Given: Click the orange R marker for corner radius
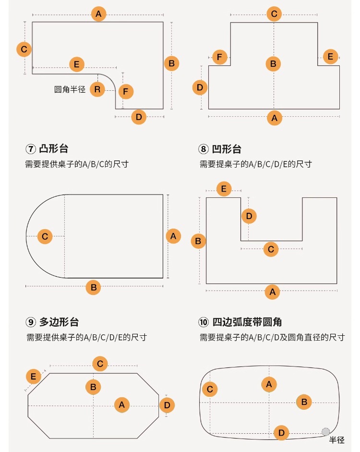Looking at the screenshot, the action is tap(97, 89).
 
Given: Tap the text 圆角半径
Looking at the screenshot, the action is tap(70, 89).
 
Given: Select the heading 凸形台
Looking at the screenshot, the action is tap(54, 149).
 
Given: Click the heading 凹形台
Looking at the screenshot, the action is tap(227, 149).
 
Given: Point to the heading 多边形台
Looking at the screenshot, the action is tap(59, 322).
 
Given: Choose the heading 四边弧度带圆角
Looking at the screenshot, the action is tap(247, 322).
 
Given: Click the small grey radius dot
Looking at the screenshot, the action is tap(326, 431).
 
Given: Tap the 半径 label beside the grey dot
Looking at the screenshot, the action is tap(336, 440).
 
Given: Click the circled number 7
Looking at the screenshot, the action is tap(31, 149).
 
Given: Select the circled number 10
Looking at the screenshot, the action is tap(204, 322).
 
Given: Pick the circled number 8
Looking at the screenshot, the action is tap(204, 149).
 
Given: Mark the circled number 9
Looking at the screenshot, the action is tap(31, 322).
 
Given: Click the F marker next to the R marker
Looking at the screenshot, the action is tap(126, 92).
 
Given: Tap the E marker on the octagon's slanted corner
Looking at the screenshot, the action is tap(34, 376).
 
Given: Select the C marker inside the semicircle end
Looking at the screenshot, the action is tap(45, 237).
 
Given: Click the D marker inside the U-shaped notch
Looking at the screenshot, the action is tap(249, 216).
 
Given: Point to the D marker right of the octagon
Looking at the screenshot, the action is tap(167, 405).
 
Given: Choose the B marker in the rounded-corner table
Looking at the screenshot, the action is tap(304, 402).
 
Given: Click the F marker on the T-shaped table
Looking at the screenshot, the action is tap(220, 57).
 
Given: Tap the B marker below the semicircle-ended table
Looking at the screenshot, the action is tap(93, 287).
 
